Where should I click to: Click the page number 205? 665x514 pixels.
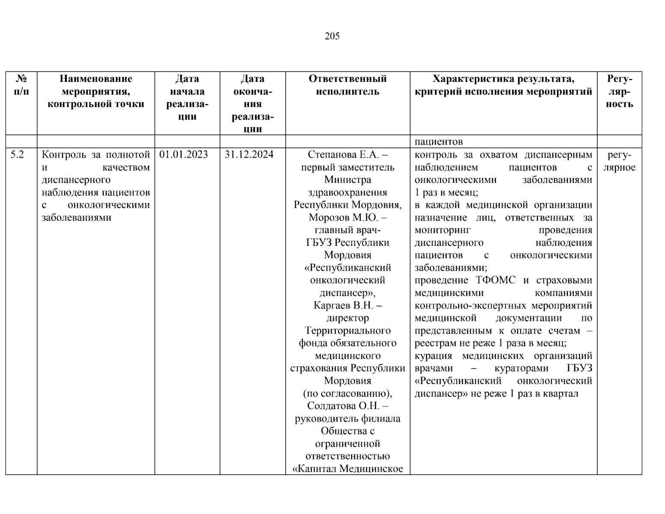coord(332,36)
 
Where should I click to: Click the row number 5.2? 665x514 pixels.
coord(18,155)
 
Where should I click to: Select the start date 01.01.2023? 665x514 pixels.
coord(184,155)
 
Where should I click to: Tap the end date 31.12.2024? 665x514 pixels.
coord(249,155)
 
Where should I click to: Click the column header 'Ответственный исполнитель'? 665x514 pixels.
coord(347,85)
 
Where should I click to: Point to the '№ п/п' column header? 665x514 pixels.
coord(21,85)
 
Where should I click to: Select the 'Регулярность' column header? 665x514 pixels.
coord(619,91)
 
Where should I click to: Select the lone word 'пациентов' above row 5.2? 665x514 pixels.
coord(438,142)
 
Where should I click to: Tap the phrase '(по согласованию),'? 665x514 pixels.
coord(347,393)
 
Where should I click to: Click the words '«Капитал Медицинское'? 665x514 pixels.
coord(347,469)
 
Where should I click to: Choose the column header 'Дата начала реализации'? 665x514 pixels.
coord(187,98)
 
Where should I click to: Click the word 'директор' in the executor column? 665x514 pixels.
coord(347,318)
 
